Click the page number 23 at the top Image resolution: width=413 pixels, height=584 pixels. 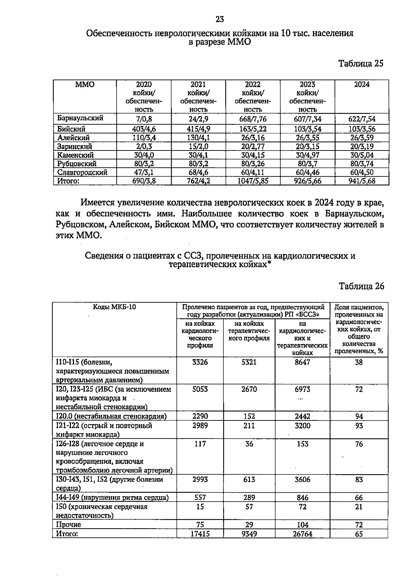(220, 19)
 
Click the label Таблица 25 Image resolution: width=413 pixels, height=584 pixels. (361, 64)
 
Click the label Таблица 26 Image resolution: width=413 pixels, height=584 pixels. (361, 286)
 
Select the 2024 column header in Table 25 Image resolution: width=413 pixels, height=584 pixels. (362, 85)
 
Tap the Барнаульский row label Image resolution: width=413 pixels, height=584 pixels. (80, 118)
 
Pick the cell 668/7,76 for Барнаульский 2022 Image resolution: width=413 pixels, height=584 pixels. (253, 119)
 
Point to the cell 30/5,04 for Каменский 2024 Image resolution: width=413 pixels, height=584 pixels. (362, 155)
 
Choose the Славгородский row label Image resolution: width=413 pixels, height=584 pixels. (82, 172)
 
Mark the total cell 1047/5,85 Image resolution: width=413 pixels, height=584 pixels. (253, 181)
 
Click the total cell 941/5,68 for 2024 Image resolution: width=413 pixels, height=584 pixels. (362, 181)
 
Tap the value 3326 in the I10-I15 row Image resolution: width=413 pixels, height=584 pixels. (200, 362)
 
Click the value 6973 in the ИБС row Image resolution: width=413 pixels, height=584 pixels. (303, 389)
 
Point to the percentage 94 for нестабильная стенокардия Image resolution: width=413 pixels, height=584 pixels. (359, 416)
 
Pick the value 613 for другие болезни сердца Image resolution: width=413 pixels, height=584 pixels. (249, 480)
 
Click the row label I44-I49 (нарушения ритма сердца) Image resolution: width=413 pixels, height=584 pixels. (112, 498)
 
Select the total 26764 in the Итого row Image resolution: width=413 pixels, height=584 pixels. (303, 534)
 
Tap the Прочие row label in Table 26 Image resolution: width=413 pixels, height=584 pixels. (68, 525)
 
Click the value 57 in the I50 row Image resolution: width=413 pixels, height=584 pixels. (249, 507)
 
